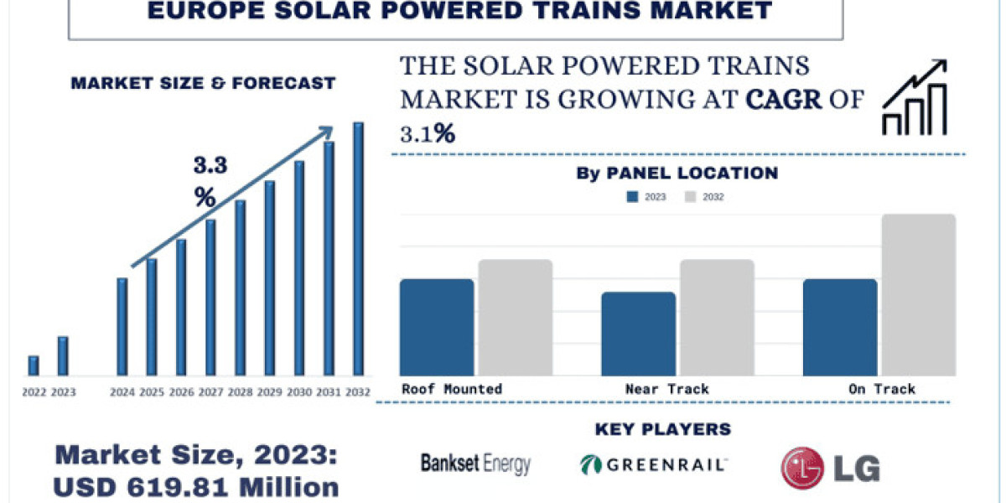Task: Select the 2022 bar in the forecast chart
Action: pos(34,366)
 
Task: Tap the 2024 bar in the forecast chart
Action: pos(122,327)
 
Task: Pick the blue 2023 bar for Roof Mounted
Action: pos(437,328)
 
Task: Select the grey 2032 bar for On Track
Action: pos(918,296)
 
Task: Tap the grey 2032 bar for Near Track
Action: pos(717,319)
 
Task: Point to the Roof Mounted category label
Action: pos(452,388)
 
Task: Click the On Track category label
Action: pos(881,388)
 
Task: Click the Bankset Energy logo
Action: pos(475,463)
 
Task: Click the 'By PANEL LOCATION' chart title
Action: pos(677,174)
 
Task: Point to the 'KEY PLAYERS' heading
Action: pos(662,429)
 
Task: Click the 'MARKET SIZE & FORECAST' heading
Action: pos(203,83)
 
